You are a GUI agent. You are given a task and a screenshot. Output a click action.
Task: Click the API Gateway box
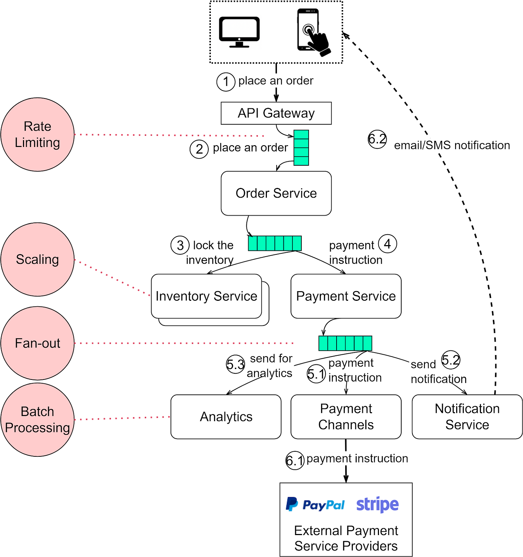[276, 113]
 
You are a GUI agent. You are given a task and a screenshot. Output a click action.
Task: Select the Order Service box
[276, 193]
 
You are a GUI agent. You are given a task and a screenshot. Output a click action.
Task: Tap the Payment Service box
[346, 296]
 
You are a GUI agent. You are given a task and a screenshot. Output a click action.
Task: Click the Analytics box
[226, 417]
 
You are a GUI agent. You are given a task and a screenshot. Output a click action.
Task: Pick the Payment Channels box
[346, 417]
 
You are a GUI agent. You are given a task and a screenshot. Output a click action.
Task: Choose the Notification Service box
[467, 417]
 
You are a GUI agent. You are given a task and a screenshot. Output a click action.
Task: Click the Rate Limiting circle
[37, 135]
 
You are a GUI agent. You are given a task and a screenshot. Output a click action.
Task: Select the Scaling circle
[37, 259]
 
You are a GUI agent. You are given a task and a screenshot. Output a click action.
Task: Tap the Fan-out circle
[37, 343]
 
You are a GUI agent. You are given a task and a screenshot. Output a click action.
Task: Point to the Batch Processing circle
[37, 420]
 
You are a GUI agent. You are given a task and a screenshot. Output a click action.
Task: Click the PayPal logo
[315, 505]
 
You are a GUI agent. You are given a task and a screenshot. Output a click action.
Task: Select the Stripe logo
[377, 505]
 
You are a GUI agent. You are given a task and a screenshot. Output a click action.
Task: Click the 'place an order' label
[276, 80]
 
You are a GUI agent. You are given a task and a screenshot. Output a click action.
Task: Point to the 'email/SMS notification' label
[452, 145]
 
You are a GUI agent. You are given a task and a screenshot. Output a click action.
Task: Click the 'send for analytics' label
[272, 365]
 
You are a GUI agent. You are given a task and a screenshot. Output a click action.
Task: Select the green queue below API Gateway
[301, 148]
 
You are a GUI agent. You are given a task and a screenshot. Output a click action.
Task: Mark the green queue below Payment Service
[345, 343]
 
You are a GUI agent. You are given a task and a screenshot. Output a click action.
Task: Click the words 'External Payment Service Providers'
[346, 538]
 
